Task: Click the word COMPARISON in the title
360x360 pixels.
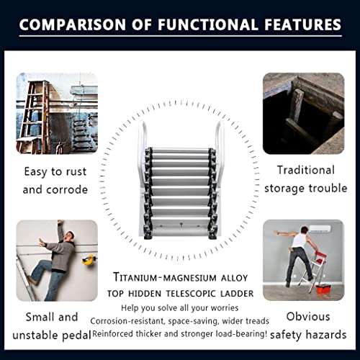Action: [73, 24]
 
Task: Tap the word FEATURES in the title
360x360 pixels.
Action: [302, 24]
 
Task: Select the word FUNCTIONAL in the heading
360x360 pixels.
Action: [207, 24]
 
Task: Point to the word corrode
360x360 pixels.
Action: [67, 190]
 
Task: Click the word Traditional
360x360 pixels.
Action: [306, 170]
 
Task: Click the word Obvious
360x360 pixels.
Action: [308, 317]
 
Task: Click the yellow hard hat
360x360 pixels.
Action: [88, 260]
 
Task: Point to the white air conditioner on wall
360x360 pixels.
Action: [320, 229]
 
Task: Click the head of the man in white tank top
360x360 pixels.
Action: [304, 230]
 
